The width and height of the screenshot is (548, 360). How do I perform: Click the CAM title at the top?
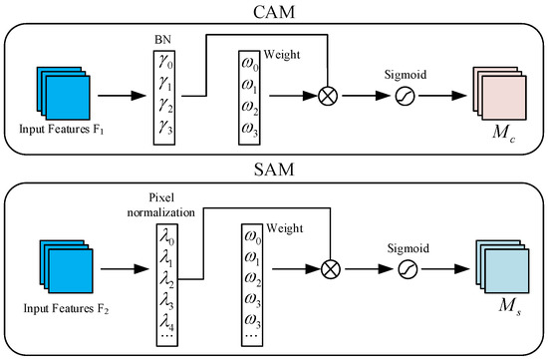click(274, 11)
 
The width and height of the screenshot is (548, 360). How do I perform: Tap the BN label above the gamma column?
click(161, 37)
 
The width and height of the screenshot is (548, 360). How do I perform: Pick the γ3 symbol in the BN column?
click(162, 127)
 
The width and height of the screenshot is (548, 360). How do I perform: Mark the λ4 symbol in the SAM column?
click(162, 322)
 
